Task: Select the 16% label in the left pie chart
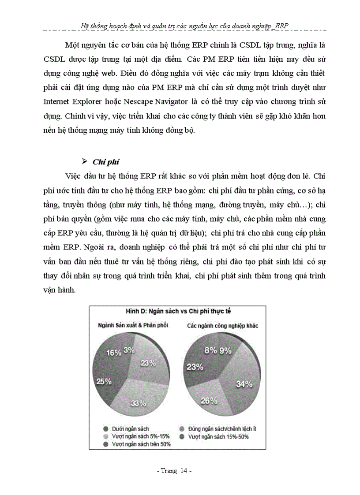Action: point(114,353)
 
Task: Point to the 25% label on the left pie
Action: point(104,382)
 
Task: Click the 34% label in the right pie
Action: point(244,384)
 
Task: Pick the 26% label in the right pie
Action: point(209,401)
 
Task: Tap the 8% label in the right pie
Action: point(210,350)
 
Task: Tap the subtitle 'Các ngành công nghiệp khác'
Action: point(223,325)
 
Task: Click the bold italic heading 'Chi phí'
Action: point(102,161)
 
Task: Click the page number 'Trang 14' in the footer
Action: point(174,471)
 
